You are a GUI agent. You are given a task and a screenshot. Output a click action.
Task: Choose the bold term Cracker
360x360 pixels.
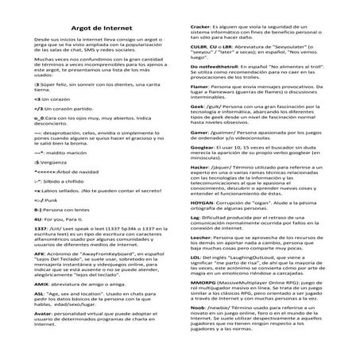[x=202, y=26]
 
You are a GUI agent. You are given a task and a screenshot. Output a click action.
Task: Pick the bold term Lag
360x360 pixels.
[x=195, y=238]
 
